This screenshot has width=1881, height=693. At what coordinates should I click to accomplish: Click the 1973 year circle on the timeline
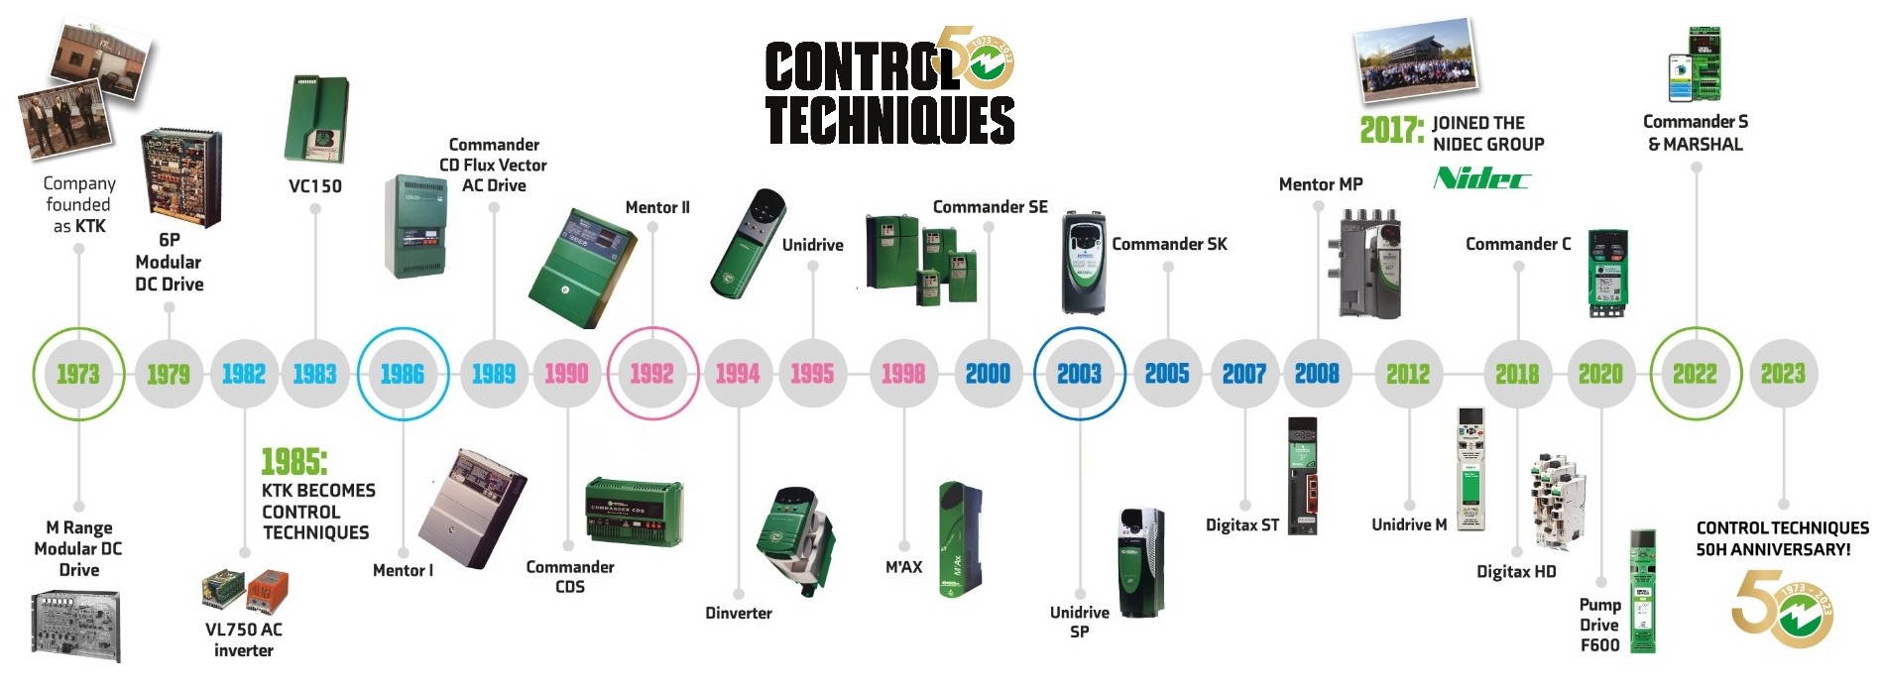point(78,374)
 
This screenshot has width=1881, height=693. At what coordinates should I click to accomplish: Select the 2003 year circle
point(1079,374)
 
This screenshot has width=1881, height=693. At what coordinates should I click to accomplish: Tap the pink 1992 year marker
point(652,374)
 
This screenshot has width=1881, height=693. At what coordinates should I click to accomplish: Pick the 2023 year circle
point(1783,374)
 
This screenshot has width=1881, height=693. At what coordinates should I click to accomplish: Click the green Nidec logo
point(1481,178)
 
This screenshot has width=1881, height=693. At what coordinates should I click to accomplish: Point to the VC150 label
point(314,186)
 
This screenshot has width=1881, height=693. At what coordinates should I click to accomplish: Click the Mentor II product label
point(656,207)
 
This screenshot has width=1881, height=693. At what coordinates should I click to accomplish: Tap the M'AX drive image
point(959,540)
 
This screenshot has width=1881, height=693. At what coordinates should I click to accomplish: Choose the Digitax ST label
point(1241,525)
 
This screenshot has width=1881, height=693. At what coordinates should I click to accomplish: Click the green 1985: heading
point(294,462)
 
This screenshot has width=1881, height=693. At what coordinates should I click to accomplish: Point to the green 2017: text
point(1390,130)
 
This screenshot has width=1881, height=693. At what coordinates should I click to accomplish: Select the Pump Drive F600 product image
point(1642,592)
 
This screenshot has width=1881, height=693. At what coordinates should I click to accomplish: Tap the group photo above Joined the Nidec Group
point(1415,59)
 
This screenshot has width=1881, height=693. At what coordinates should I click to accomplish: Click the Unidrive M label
point(1408,524)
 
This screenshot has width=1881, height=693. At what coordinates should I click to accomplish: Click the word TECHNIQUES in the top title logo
point(889,121)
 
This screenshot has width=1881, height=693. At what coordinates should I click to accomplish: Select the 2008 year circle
point(1317,374)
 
